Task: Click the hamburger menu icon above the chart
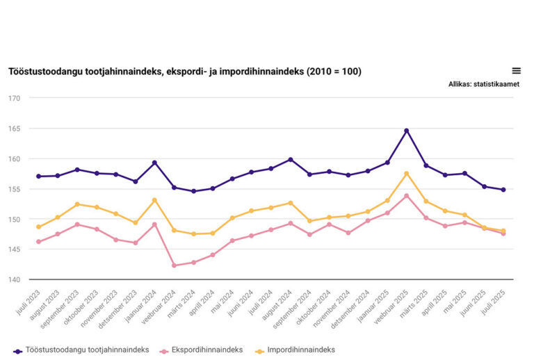click(516, 71)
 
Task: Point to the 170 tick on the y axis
click(14, 98)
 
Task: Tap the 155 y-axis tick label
click(14, 189)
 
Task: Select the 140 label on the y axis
click(14, 280)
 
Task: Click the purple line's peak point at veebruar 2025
click(406, 131)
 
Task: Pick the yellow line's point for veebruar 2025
click(406, 174)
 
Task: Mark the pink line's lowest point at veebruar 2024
click(174, 265)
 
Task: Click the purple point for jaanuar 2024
click(154, 163)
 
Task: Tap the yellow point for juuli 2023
click(38, 227)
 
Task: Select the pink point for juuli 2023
click(38, 242)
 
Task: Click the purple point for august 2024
click(290, 160)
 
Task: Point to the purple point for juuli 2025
click(503, 190)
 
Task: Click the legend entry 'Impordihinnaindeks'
click(306, 350)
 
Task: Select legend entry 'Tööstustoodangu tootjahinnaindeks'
click(79, 350)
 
